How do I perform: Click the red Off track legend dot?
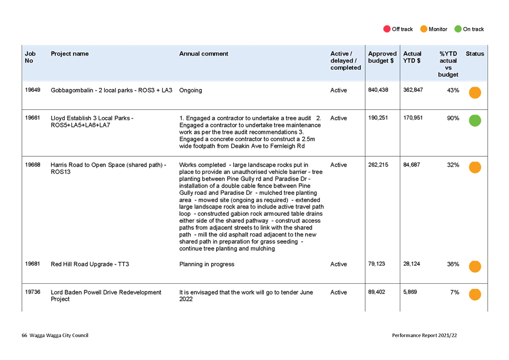click(x=387, y=29)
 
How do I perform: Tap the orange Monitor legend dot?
click(x=423, y=29)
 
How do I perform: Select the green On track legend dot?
click(x=458, y=29)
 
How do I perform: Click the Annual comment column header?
click(x=203, y=54)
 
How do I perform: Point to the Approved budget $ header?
click(x=382, y=57)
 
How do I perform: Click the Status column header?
click(x=474, y=54)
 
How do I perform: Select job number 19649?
click(x=32, y=89)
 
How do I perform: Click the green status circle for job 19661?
click(x=475, y=121)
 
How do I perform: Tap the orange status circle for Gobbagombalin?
click(x=475, y=93)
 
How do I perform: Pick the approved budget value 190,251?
click(x=378, y=117)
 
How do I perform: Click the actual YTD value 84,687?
click(x=411, y=165)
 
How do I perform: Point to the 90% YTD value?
click(x=453, y=118)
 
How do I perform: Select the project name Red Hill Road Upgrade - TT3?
click(x=90, y=264)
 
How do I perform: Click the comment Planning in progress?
click(x=207, y=264)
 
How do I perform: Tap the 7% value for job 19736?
click(x=455, y=292)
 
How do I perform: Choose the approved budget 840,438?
click(x=378, y=89)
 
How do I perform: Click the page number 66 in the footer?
click(x=24, y=335)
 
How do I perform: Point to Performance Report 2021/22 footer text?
click(x=425, y=335)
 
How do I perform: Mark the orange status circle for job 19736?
click(x=475, y=295)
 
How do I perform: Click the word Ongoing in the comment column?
click(x=190, y=91)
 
